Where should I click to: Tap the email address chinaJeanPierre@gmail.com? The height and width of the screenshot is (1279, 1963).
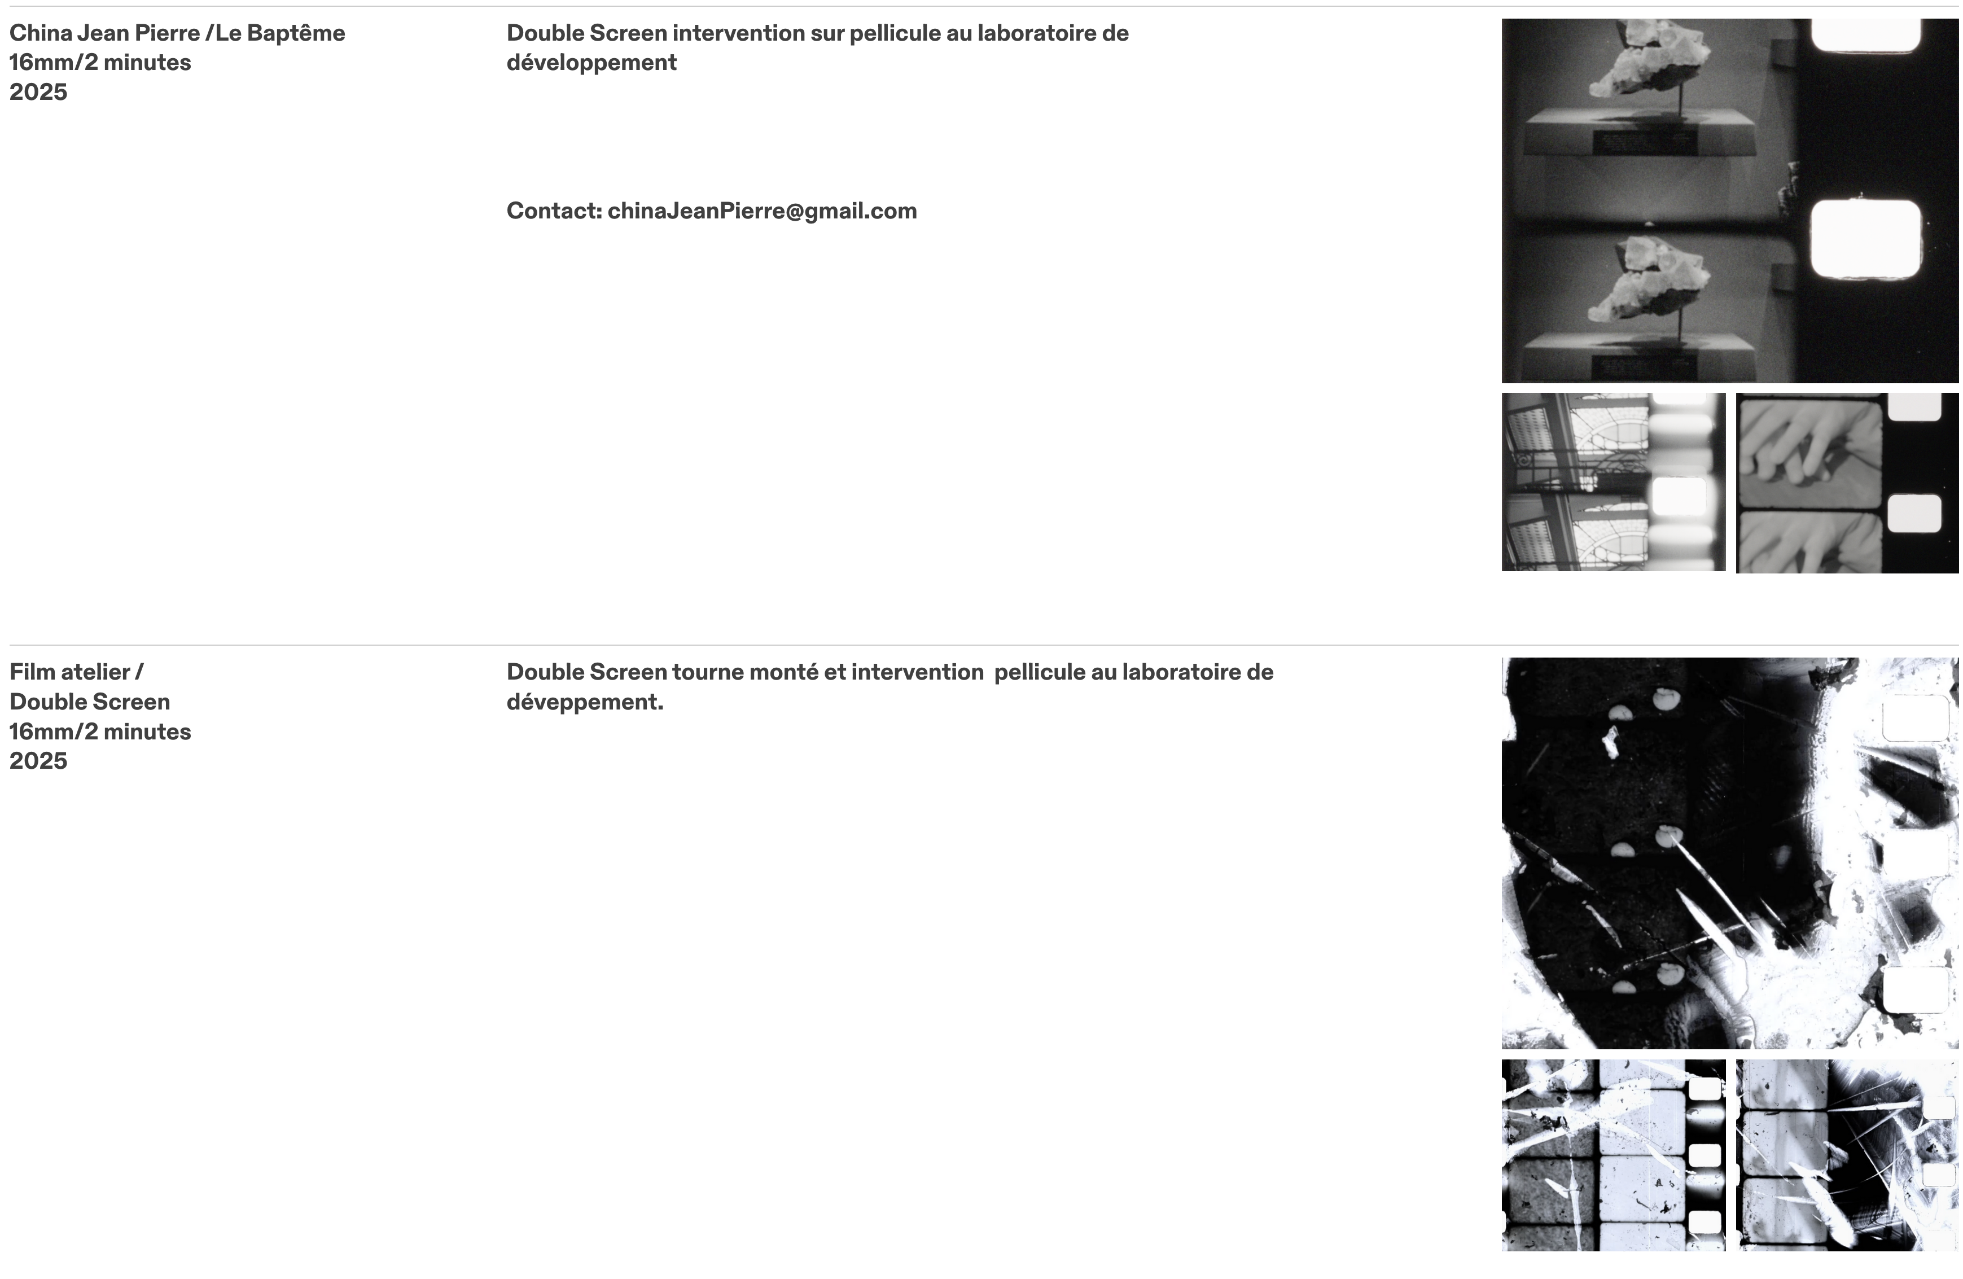coord(762,211)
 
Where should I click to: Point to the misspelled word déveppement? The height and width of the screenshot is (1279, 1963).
coord(585,703)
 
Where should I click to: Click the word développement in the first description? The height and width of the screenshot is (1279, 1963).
coord(591,63)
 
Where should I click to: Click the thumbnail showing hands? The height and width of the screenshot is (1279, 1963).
coord(1847,483)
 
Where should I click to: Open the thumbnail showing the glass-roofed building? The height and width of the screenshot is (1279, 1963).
coord(1613,483)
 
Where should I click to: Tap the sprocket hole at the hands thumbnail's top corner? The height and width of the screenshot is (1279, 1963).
coord(1915,406)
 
